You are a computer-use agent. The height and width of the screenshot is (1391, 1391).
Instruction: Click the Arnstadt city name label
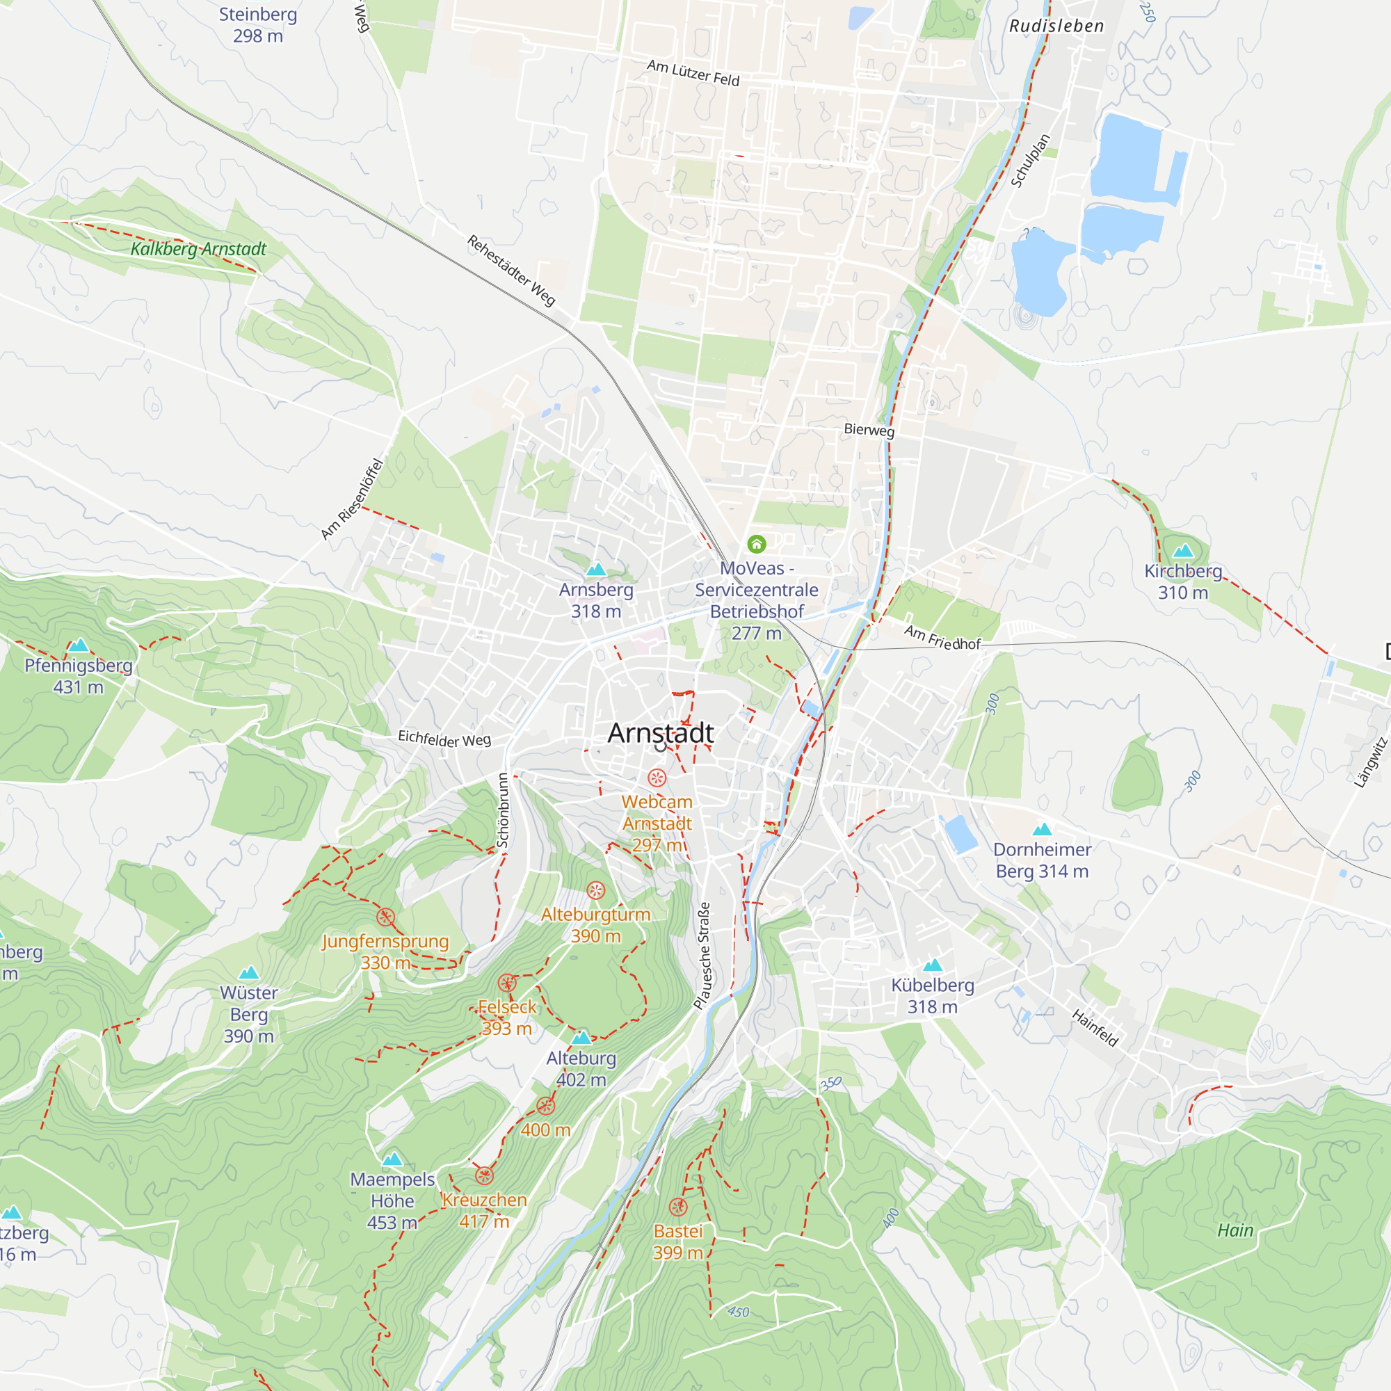click(x=660, y=733)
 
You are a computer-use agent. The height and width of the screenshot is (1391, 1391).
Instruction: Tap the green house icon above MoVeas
click(x=756, y=544)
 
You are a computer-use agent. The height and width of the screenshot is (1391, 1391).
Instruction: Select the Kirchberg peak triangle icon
click(x=1183, y=552)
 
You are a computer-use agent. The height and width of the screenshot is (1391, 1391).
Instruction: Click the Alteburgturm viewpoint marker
click(x=595, y=891)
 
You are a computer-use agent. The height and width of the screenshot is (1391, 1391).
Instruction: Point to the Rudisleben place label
click(x=1056, y=26)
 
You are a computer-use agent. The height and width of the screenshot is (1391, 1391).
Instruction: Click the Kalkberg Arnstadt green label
click(x=199, y=249)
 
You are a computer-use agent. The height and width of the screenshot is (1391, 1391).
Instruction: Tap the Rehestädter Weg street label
click(x=511, y=271)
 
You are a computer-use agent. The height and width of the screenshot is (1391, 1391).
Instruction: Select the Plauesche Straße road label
click(x=702, y=956)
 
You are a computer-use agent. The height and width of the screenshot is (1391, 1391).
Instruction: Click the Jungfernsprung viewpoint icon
click(x=386, y=917)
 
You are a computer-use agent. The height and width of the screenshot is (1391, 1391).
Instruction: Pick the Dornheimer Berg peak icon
click(x=1042, y=830)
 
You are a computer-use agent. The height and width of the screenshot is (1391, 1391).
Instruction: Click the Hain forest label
click(x=1235, y=1230)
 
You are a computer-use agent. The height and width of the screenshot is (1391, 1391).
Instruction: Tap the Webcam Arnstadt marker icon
click(x=657, y=778)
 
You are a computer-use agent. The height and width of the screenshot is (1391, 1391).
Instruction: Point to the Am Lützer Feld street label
click(x=693, y=74)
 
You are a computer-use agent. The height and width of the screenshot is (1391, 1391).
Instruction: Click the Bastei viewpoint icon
click(x=677, y=1207)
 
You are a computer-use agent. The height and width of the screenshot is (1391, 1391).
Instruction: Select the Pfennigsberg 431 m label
click(x=79, y=676)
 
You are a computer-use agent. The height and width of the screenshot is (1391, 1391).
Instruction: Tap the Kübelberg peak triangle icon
click(x=933, y=965)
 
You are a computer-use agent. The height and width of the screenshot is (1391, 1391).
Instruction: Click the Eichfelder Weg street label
click(x=444, y=739)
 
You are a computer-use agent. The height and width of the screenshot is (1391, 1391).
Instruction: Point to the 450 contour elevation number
click(x=739, y=1312)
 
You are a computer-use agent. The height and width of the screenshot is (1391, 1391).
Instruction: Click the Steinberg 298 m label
click(x=258, y=24)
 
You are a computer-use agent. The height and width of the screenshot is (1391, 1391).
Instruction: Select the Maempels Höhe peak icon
click(x=392, y=1159)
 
